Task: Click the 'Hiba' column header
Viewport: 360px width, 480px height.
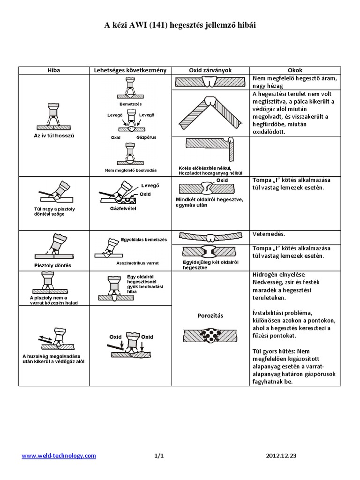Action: (54, 70)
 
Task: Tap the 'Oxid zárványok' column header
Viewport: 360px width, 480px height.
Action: (210, 70)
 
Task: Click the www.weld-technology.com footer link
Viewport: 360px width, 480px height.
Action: (59, 455)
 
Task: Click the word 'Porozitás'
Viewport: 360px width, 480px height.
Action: (210, 315)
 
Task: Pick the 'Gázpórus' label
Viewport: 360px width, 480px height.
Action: (146, 138)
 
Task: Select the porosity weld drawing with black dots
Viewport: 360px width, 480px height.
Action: (210, 336)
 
